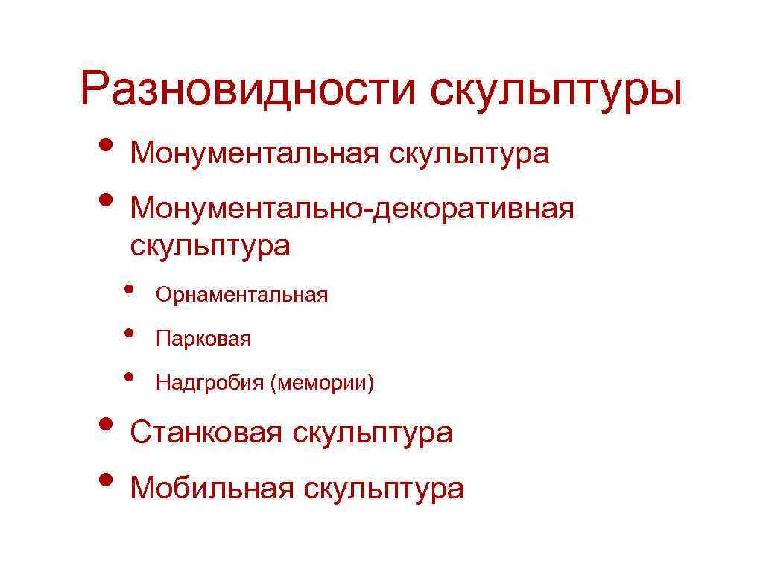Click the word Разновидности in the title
[249, 90]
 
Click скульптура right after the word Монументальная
[468, 155]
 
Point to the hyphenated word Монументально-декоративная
[352, 209]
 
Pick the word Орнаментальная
[241, 295]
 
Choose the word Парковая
[203, 340]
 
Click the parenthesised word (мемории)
[322, 384]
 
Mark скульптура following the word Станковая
[372, 433]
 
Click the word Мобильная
[212, 489]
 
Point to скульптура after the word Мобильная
[384, 489]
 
